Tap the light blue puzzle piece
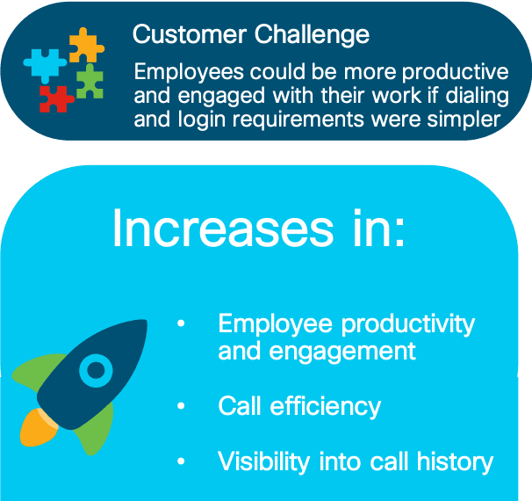click(45, 65)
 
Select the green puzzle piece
click(90, 82)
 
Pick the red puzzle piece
click(55, 98)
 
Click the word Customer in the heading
click(190, 34)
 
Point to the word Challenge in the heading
click(312, 36)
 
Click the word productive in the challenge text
click(456, 73)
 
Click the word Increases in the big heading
click(223, 228)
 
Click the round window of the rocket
click(96, 370)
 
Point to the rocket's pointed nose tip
click(146, 321)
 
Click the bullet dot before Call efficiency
click(181, 405)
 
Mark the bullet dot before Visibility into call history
click(181, 461)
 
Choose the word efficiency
click(326, 407)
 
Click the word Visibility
click(263, 461)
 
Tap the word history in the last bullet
click(455, 462)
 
